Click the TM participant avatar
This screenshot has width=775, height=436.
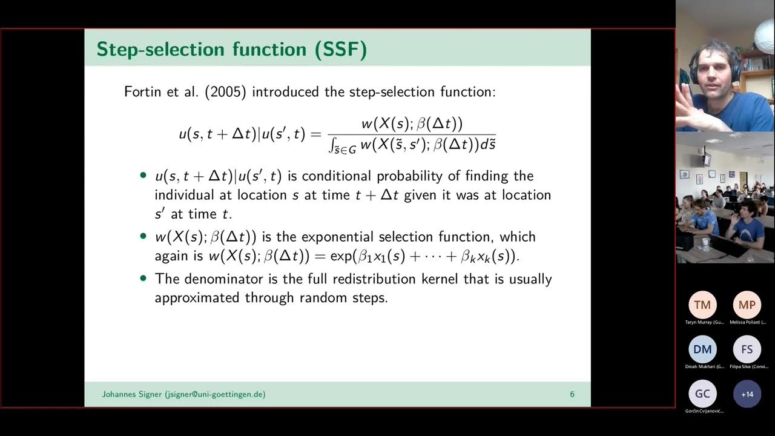tap(702, 305)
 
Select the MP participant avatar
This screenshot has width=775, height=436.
tap(747, 305)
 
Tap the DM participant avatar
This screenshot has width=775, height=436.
tap(702, 349)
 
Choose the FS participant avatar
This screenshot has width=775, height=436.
tap(747, 349)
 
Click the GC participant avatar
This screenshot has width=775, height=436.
tap(702, 394)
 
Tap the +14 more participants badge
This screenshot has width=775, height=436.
tap(747, 394)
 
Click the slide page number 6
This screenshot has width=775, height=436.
tap(572, 394)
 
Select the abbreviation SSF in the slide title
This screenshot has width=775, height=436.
tap(340, 49)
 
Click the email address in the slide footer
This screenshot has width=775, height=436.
tap(215, 394)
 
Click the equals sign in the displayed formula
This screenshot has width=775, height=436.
tap(315, 134)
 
